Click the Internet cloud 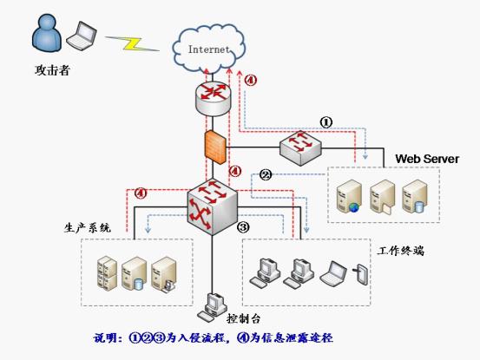pos(209,49)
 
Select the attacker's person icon pos(47,33)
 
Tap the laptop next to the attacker pos(82,36)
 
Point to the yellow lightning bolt pos(132,43)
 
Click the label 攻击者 pos(52,70)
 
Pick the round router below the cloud pos(213,98)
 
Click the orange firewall pos(215,147)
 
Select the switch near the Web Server pos(300,148)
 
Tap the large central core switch pos(212,206)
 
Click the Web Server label pos(427,159)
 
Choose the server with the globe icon pos(349,196)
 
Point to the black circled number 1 pos(326,122)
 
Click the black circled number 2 pos(266,175)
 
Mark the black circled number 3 pos(243,227)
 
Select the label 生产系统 pos(88,228)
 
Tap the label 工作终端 pos(401,251)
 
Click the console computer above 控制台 pos(213,307)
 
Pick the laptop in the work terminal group pos(333,273)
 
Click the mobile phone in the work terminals pos(361,274)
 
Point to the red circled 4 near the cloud pos(251,80)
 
